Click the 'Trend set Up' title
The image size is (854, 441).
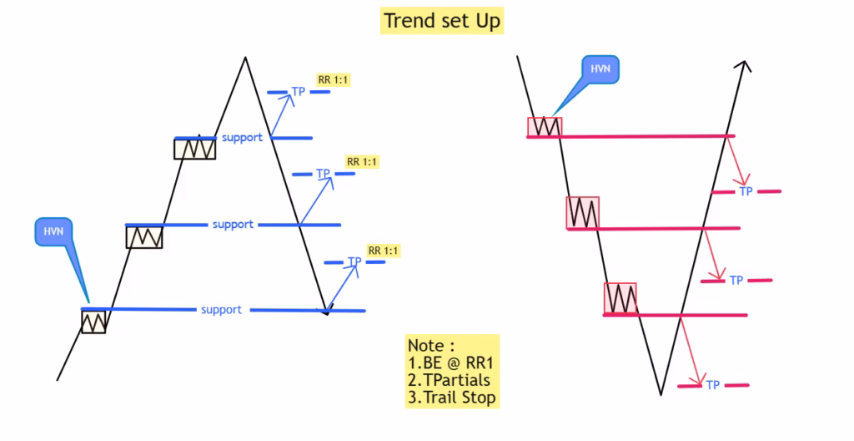pyautogui.click(x=441, y=20)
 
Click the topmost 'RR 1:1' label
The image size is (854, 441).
pyautogui.click(x=334, y=80)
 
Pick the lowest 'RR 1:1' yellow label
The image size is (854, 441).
pyautogui.click(x=384, y=251)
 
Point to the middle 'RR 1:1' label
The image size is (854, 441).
pyautogui.click(x=362, y=161)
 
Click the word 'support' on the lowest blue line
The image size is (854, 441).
pyautogui.click(x=221, y=310)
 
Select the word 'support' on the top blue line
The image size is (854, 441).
pyautogui.click(x=242, y=137)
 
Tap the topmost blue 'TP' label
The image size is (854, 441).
pyautogui.click(x=298, y=92)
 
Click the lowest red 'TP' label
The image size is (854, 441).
pyautogui.click(x=712, y=385)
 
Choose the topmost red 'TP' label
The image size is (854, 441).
pyautogui.click(x=746, y=191)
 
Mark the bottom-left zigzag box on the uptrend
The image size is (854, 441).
pyautogui.click(x=93, y=322)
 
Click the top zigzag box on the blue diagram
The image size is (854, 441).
pyautogui.click(x=194, y=149)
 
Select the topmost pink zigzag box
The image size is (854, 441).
pyautogui.click(x=545, y=127)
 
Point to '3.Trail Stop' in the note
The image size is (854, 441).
pyautogui.click(x=451, y=398)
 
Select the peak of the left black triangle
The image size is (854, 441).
pyautogui.click(x=245, y=58)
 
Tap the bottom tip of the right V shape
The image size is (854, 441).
pyautogui.click(x=661, y=393)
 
